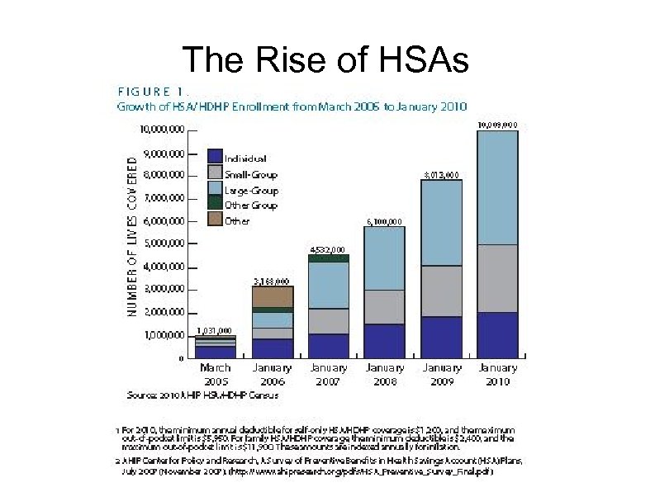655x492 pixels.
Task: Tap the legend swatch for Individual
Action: pos(214,157)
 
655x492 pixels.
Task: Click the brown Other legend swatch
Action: pos(214,220)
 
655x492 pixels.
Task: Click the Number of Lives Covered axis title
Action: pos(132,230)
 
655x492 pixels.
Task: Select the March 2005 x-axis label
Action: pos(215,374)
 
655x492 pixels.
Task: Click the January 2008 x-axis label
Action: pos(384,374)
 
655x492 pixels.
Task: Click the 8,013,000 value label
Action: pos(441,174)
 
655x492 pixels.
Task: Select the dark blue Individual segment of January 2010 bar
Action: pos(497,335)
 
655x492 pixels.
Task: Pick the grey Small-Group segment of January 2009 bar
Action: pos(441,291)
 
